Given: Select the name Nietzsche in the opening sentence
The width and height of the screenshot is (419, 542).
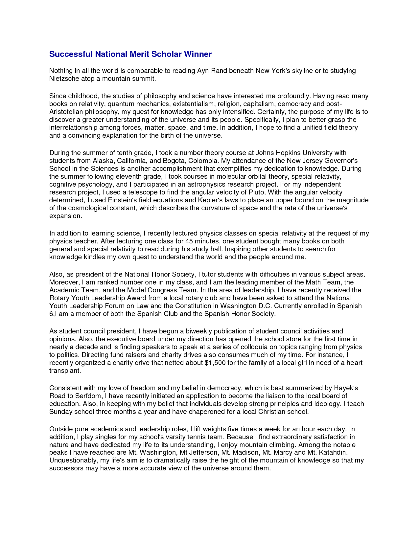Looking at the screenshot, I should click(x=64, y=79).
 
